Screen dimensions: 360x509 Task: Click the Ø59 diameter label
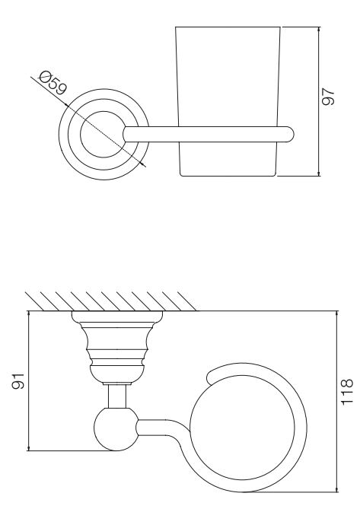pyautogui.click(x=53, y=83)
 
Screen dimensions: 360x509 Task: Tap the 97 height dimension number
pyautogui.click(x=327, y=96)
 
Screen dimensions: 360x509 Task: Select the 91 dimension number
pyautogui.click(x=18, y=380)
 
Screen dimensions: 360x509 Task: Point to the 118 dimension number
pyautogui.click(x=347, y=391)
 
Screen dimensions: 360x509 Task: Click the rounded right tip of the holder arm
pyautogui.click(x=291, y=135)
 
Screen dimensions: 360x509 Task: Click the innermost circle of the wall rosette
pyautogui.click(x=104, y=135)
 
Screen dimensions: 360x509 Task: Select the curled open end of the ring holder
pyautogui.click(x=212, y=376)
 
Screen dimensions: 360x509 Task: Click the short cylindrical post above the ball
pyautogui.click(x=117, y=396)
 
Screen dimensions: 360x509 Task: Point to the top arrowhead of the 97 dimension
pyautogui.click(x=319, y=30)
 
